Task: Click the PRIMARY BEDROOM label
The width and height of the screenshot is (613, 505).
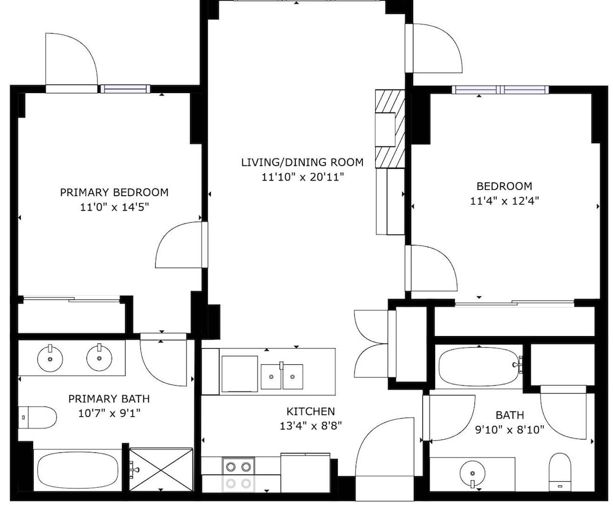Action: (114, 192)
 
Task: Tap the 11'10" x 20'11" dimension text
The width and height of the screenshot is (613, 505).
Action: (303, 177)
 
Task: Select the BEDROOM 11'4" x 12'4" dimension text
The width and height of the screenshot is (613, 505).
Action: (504, 201)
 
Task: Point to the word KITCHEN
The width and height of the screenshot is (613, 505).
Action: (311, 411)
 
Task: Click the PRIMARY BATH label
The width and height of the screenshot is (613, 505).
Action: (109, 399)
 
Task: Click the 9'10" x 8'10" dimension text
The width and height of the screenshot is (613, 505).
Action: (510, 430)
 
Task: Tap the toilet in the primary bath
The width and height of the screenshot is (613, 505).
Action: (37, 417)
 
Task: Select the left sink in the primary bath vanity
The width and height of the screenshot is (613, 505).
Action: (50, 358)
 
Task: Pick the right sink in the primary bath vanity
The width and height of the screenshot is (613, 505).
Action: (100, 357)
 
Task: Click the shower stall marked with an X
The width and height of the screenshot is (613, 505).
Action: (161, 469)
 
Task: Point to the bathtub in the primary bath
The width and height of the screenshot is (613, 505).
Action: (78, 470)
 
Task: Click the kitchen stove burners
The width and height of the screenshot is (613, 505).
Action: (238, 474)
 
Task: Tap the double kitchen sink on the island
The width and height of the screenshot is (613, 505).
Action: (282, 376)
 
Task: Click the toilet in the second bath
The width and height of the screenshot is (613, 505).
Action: (560, 472)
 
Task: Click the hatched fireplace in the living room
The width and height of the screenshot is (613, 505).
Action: (390, 129)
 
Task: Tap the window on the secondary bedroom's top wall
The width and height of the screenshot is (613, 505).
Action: (500, 90)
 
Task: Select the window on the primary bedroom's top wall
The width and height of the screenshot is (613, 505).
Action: (125, 89)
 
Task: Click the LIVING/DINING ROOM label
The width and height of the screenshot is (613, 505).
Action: (302, 162)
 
